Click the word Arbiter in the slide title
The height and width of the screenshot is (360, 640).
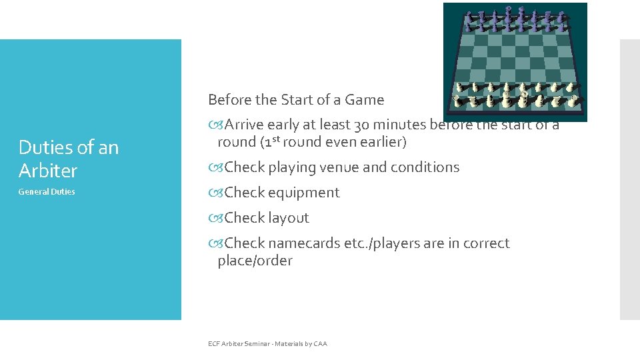coord(48,171)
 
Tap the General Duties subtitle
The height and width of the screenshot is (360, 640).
coord(47,192)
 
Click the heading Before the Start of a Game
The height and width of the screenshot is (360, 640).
coord(296,100)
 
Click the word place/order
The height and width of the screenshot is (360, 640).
coord(255,261)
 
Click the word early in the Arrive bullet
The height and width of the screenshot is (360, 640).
coord(283,125)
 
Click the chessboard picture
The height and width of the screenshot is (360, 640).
coord(515,62)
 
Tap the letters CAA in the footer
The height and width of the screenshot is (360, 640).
coord(319,344)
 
